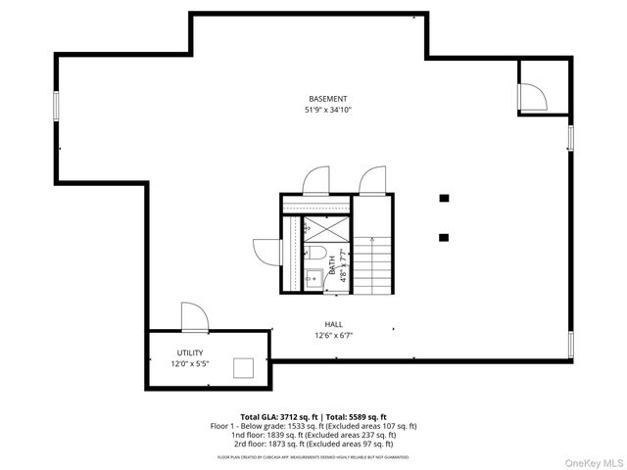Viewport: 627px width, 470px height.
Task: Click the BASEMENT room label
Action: [327, 99]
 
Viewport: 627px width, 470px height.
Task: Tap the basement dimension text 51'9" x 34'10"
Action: [327, 110]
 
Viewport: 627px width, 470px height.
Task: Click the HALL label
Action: [334, 324]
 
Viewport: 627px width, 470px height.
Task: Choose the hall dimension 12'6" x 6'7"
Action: [334, 335]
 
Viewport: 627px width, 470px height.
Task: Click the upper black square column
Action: [444, 198]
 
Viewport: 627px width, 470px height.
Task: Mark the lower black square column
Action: [444, 236]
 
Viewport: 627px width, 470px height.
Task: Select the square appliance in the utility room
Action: [243, 367]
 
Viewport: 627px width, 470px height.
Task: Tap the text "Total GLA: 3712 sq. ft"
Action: [277, 417]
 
